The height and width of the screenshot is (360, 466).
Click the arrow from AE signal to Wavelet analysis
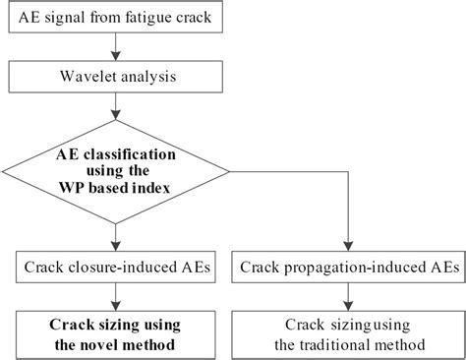tap(118, 46)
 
